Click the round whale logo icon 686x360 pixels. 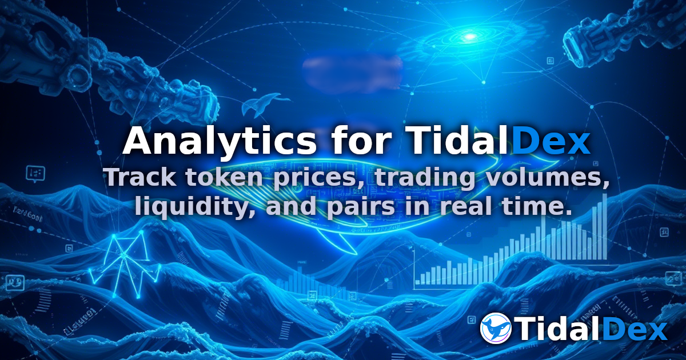pos(496,328)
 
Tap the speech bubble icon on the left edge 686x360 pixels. pos(35,173)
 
